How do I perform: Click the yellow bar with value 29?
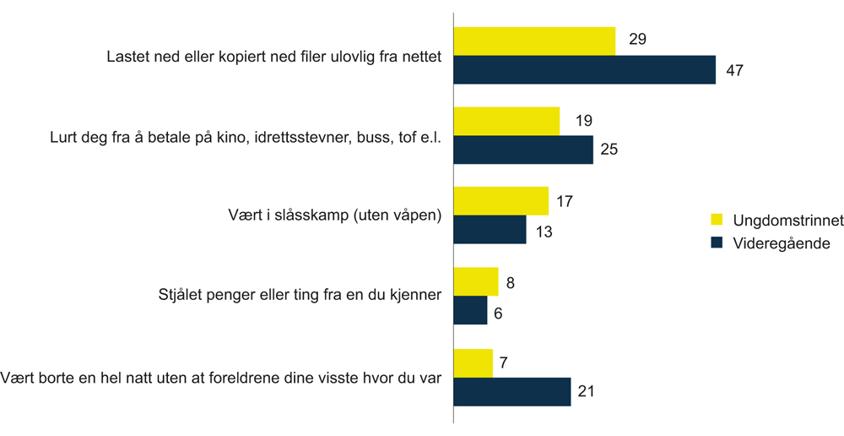point(534,41)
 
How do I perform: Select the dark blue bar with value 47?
point(584,69)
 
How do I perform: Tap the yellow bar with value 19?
point(506,121)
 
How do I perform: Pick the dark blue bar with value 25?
point(523,150)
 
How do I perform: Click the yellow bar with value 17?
point(501,201)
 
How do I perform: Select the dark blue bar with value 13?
point(490,230)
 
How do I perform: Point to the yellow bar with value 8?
point(476,281)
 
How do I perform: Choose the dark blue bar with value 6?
point(470,310)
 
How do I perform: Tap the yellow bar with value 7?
point(473,362)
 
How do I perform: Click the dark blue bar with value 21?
point(512,391)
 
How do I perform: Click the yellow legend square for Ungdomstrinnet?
point(717,220)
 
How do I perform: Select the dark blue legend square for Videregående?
point(717,243)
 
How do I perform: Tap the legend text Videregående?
point(782,243)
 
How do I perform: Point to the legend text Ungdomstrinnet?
point(788,220)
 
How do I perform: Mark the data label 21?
point(587,391)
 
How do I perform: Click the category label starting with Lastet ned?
point(274,58)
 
